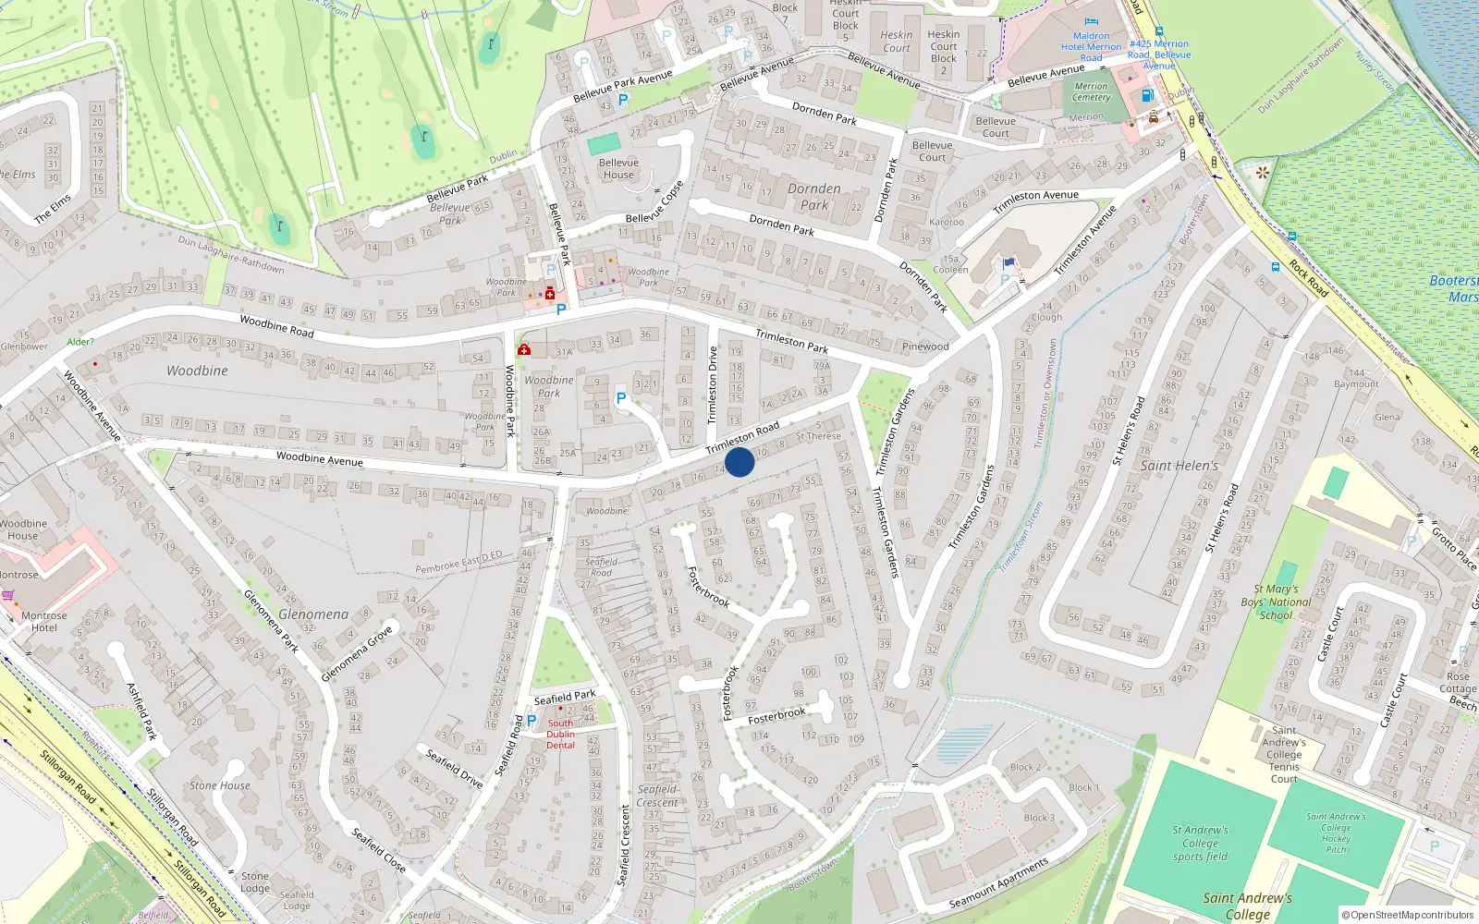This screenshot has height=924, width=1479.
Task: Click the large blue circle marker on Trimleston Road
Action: click(x=739, y=462)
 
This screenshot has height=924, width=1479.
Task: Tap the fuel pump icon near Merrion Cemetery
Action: click(x=1147, y=95)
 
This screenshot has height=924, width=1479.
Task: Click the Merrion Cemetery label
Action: click(x=1091, y=91)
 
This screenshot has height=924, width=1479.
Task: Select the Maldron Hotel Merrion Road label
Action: click(x=1091, y=46)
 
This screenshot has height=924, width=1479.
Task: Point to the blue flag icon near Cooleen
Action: click(x=1008, y=262)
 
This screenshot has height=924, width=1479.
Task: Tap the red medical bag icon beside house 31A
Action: click(x=524, y=349)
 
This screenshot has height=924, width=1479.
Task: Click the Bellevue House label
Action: click(x=618, y=168)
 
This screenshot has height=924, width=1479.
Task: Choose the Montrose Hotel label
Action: click(x=43, y=621)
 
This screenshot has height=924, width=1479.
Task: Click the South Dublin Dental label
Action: click(x=560, y=734)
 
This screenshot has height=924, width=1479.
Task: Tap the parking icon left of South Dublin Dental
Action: click(x=532, y=720)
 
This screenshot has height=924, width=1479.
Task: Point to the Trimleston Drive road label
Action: click(x=713, y=384)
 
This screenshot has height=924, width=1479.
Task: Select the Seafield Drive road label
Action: click(x=454, y=768)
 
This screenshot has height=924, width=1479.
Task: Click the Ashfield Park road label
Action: click(x=141, y=711)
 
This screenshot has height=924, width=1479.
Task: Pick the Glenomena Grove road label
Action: click(x=357, y=653)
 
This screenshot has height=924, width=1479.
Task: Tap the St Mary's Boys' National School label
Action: click(x=1276, y=602)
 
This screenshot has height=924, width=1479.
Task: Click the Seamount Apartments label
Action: click(x=998, y=883)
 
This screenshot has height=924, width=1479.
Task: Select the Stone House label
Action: click(x=220, y=785)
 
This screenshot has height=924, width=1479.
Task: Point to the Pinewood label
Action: click(x=925, y=346)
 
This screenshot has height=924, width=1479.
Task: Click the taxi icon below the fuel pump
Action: click(x=1154, y=117)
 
